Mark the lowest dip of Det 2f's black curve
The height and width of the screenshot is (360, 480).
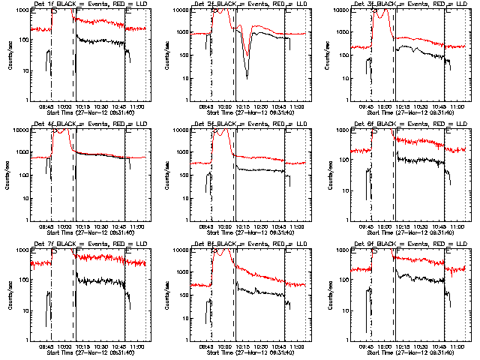click(x=246, y=77)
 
